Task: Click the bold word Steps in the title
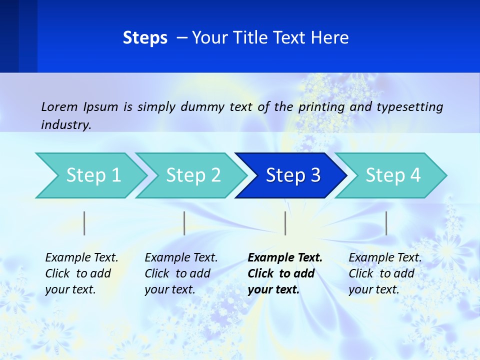tap(145, 38)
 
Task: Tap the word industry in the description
tap(65, 124)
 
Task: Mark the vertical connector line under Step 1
tap(84, 223)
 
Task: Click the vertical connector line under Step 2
tap(184, 223)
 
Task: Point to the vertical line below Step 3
tap(285, 223)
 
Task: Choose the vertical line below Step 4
tap(386, 223)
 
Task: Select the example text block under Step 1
tap(81, 273)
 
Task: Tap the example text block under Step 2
tap(181, 273)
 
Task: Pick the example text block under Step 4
tap(385, 273)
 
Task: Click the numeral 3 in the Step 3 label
tap(315, 175)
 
